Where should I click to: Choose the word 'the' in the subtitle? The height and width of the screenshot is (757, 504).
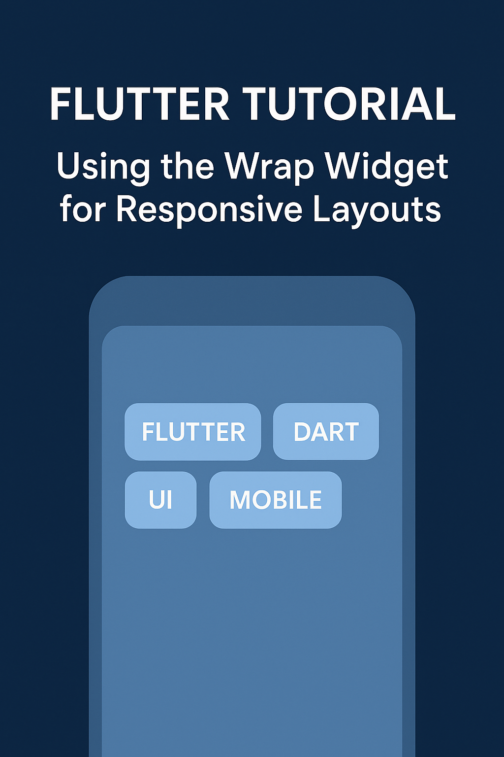(188, 166)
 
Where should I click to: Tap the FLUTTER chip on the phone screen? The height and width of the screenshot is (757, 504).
(193, 432)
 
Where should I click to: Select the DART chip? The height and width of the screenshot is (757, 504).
(326, 431)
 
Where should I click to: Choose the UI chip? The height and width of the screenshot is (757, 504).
(160, 499)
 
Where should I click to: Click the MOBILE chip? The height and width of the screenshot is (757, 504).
(276, 499)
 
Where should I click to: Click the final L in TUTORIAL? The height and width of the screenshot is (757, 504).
(445, 104)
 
